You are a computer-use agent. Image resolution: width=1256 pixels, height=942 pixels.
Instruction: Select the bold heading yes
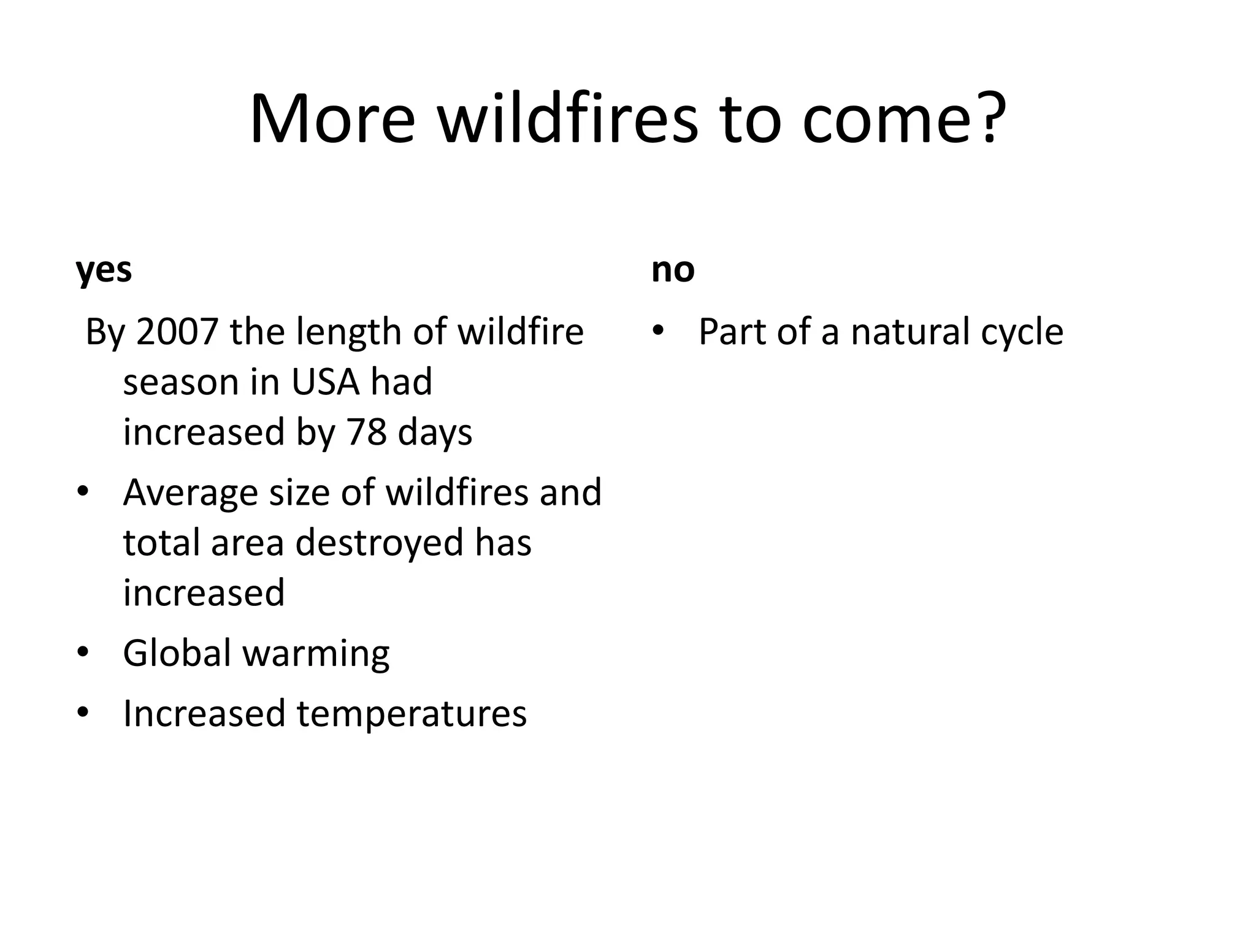[104, 270]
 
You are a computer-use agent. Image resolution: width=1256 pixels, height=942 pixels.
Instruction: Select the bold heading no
[673, 270]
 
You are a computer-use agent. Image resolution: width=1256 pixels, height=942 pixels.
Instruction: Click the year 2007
[177, 332]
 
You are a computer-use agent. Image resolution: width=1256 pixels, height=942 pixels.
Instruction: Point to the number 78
[367, 432]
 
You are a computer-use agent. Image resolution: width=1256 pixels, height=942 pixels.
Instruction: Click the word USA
[325, 381]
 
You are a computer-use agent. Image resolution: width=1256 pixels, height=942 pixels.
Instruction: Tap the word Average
[190, 492]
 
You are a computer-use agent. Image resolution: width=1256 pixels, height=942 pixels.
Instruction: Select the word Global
[177, 653]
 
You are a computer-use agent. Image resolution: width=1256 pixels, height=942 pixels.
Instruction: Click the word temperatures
[412, 714]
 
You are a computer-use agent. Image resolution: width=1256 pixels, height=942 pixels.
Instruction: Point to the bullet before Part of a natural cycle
[658, 331]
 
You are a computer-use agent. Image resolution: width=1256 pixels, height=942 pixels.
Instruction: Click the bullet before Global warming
[83, 653]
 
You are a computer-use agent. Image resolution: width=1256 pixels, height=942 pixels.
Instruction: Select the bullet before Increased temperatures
[83, 713]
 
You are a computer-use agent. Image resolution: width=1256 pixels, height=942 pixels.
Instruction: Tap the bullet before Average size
[83, 492]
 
